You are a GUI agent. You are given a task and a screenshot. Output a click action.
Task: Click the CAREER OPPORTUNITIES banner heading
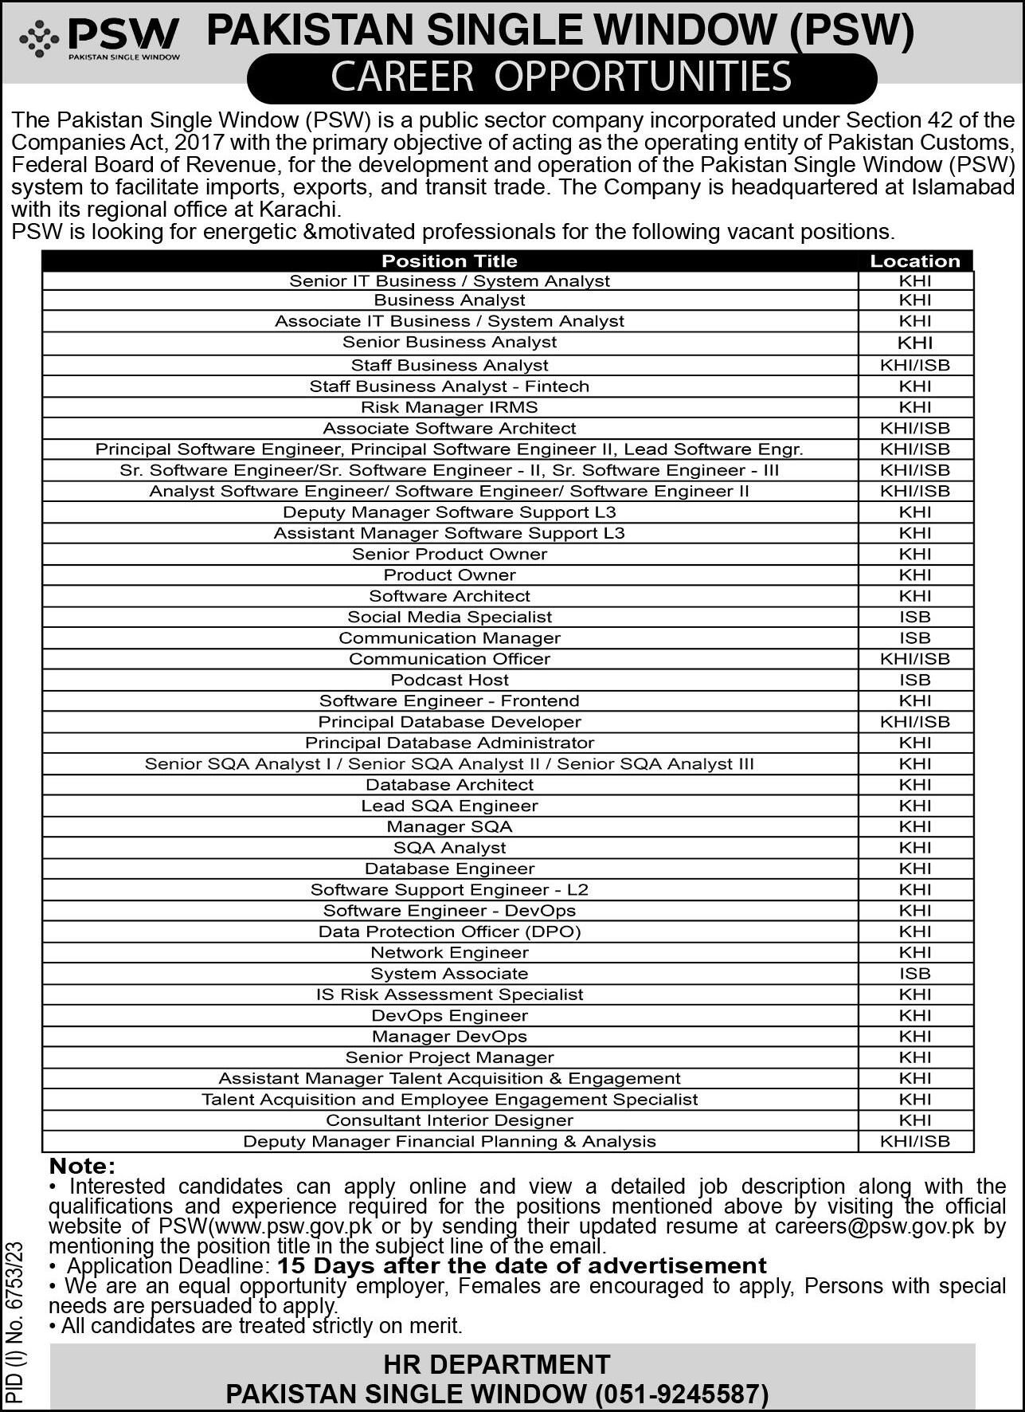tap(561, 77)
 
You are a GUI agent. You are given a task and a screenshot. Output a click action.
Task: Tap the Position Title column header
tap(449, 261)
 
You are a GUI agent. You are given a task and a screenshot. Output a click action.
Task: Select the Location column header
tap(915, 261)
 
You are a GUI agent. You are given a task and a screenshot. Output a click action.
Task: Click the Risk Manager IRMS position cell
tap(449, 407)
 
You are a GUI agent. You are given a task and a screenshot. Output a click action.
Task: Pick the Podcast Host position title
tap(449, 680)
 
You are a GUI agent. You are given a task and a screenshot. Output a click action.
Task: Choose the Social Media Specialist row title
tap(449, 617)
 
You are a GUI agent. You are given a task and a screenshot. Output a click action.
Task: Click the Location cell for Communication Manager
tap(915, 637)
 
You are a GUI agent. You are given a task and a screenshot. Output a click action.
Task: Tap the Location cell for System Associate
tap(915, 974)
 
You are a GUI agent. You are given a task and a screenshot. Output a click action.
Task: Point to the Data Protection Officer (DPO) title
tap(449, 932)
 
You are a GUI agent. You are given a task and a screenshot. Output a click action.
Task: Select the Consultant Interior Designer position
tap(449, 1120)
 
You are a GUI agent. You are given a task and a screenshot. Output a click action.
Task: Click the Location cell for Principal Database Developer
tap(915, 722)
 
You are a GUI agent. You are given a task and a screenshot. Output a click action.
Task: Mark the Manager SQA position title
tap(449, 826)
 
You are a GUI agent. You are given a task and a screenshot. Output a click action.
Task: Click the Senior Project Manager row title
tap(449, 1057)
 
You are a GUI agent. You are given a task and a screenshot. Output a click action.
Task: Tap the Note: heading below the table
tap(82, 1166)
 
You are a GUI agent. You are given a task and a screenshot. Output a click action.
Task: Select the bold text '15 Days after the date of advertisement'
tap(522, 1266)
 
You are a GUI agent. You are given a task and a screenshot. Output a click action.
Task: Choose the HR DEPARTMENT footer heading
tap(497, 1364)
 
